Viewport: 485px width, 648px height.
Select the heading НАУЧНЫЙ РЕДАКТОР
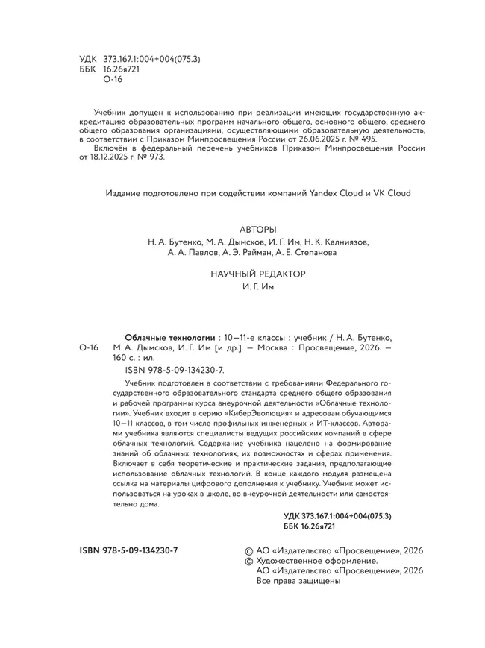(259, 274)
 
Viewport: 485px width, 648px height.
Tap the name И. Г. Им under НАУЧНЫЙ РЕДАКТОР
(259, 287)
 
